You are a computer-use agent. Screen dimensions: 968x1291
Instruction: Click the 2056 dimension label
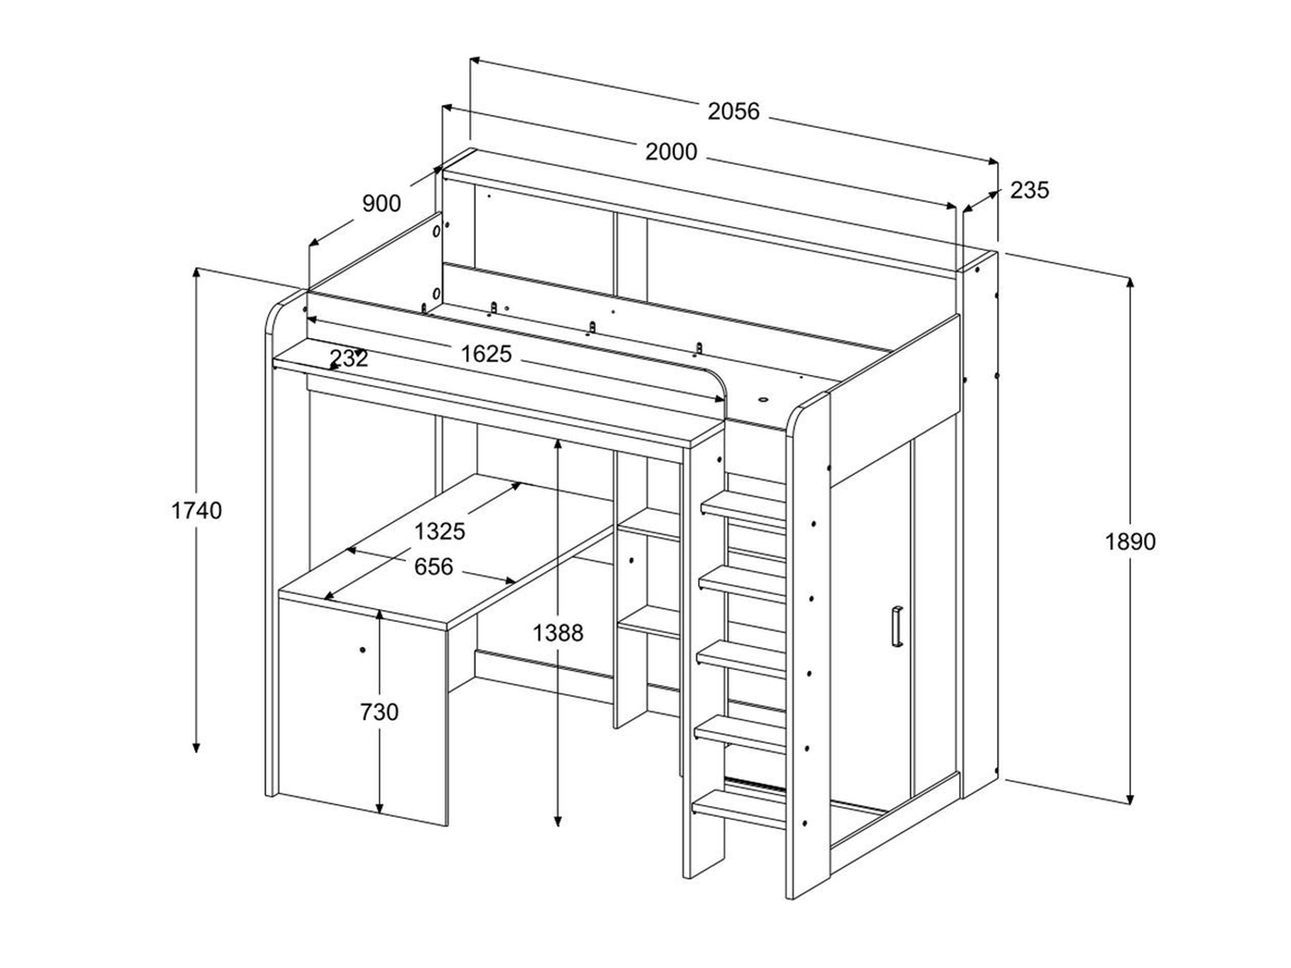coord(734,111)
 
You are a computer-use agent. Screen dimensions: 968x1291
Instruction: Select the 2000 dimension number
coord(671,152)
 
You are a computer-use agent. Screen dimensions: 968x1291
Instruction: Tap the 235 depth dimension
coord(1029,190)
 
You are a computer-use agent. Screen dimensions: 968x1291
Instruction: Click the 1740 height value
coord(197,510)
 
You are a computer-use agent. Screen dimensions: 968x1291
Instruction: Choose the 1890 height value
coord(1130,542)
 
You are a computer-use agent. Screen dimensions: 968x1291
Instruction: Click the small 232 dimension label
coord(349,358)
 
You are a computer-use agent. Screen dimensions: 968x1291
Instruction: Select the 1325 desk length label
coord(439,531)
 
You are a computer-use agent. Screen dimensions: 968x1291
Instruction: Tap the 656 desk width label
coord(434,566)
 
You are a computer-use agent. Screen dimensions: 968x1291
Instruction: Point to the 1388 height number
coord(558,632)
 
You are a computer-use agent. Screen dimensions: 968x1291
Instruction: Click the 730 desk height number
coord(379,712)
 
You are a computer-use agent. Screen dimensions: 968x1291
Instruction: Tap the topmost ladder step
coord(744,507)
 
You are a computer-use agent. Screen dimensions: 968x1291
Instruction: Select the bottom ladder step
coord(739,810)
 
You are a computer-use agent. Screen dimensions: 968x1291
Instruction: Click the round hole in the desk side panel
coord(363,650)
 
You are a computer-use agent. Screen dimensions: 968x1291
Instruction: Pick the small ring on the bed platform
coord(763,400)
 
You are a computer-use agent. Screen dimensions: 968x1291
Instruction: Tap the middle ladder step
coord(741,658)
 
